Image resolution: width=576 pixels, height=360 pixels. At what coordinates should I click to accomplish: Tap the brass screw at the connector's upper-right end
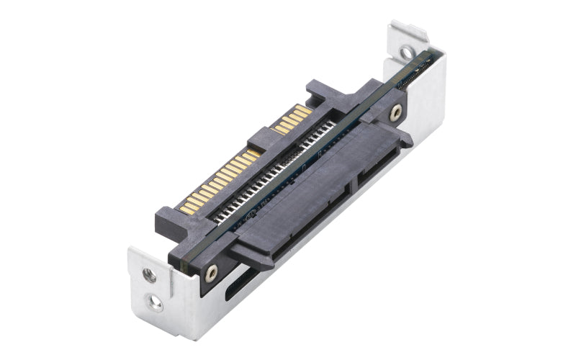[395, 112]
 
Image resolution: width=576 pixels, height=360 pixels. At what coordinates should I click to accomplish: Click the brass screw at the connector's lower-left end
[210, 272]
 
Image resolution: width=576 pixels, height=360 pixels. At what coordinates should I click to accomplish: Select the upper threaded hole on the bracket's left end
[149, 274]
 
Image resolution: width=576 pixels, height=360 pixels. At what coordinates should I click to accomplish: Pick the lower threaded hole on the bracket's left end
[155, 303]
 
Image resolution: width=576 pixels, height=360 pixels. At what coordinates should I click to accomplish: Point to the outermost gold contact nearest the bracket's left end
[184, 208]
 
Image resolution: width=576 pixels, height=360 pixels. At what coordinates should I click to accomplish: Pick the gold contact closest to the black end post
[307, 109]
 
